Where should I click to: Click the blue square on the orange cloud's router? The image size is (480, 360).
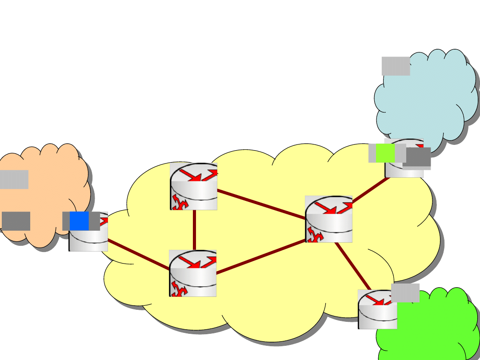(79, 221)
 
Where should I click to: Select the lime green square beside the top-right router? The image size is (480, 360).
(385, 153)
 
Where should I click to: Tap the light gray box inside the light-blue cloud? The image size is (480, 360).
(396, 66)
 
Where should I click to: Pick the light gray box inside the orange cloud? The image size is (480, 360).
(14, 180)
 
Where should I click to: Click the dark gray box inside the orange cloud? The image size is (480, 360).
(16, 221)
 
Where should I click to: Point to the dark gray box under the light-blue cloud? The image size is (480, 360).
(417, 157)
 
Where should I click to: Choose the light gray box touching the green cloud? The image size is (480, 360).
(405, 293)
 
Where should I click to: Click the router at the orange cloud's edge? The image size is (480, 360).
(88, 238)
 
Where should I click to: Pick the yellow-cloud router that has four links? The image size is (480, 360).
(329, 219)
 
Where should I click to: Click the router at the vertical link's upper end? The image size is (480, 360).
(193, 186)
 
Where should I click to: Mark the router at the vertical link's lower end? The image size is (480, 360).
(192, 273)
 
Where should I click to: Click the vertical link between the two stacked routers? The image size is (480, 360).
(195, 230)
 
